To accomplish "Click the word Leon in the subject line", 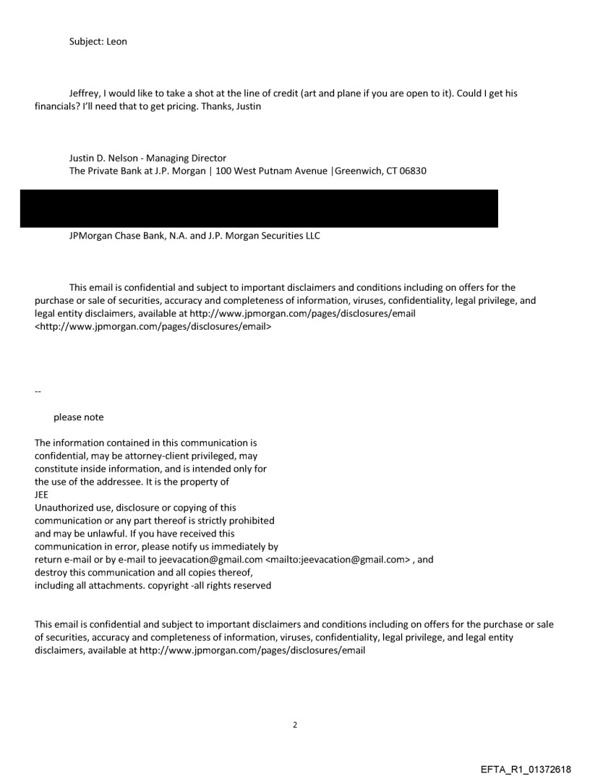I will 116,41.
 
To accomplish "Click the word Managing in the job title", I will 165,158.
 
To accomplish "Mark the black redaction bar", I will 259,209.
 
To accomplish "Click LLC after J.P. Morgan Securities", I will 310,236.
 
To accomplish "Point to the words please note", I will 78,417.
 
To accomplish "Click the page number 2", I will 294,725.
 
